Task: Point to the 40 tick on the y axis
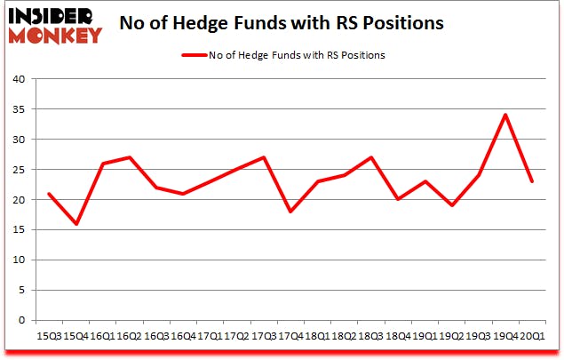click(17, 79)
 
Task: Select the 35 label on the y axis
click(17, 109)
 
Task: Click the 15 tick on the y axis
click(17, 229)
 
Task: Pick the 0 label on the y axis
click(20, 320)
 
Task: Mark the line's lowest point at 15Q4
click(75, 223)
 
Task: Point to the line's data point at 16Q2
click(130, 157)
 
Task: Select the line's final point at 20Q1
click(532, 181)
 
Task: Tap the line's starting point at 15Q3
click(49, 193)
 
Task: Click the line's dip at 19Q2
click(451, 205)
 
